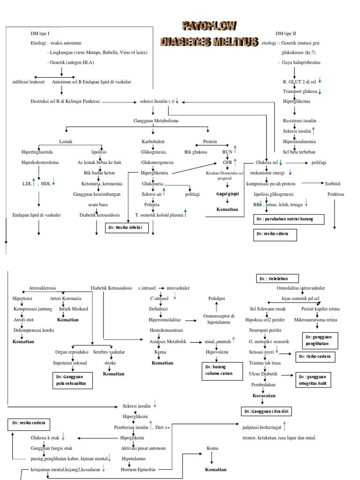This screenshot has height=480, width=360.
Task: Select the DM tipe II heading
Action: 286,34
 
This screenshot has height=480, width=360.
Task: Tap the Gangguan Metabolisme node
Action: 153,121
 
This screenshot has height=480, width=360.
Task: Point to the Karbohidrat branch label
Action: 153,141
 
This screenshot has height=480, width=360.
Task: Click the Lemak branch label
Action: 65,141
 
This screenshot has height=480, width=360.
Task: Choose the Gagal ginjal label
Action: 227,193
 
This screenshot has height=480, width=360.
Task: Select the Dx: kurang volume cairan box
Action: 218,370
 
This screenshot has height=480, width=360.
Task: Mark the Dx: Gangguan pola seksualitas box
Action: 72,380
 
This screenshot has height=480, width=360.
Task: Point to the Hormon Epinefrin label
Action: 138,469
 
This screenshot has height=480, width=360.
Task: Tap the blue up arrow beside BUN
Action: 235,149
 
